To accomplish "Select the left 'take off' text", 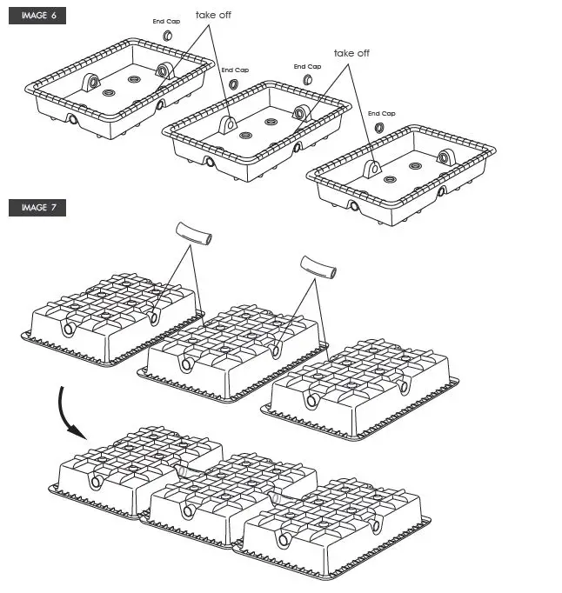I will click(x=213, y=15).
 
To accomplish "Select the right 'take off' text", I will click(x=351, y=53).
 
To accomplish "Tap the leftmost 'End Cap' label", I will click(x=167, y=22).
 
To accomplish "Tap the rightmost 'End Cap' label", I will click(x=381, y=114).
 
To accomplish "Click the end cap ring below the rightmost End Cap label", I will click(x=380, y=128).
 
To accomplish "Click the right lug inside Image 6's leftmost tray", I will click(x=163, y=70).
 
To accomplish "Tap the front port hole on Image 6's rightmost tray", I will click(x=354, y=206).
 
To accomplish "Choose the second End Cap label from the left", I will click(x=234, y=70).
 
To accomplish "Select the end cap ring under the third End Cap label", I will click(x=307, y=80).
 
